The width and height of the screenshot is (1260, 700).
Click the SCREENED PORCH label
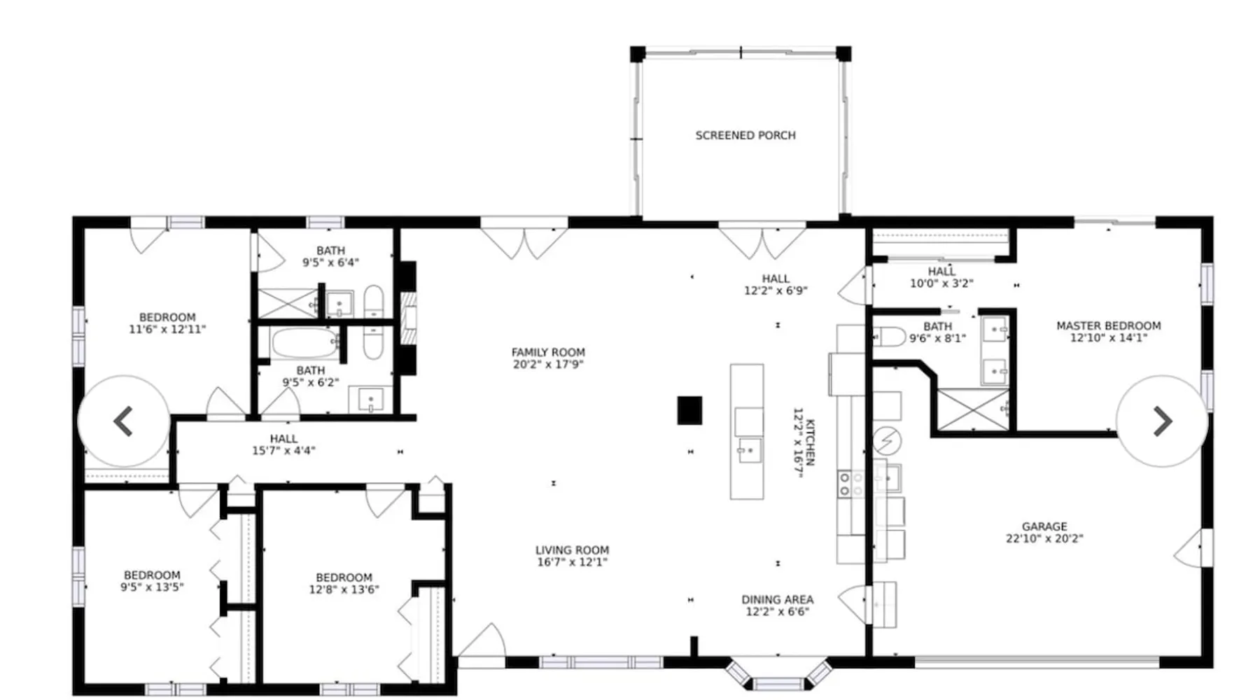click(745, 135)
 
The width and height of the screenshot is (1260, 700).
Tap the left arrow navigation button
click(124, 421)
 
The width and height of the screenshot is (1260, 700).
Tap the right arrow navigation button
click(1162, 421)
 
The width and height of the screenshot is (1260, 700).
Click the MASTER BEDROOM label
click(1109, 325)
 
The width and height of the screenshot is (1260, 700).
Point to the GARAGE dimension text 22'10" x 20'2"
click(1044, 538)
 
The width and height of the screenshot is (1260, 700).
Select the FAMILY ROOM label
click(548, 352)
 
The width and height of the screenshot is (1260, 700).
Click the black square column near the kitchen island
click(689, 410)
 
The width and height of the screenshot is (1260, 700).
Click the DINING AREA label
click(778, 599)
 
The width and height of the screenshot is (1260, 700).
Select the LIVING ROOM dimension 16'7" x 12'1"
click(572, 562)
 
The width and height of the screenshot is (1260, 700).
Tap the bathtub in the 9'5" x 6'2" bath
click(305, 343)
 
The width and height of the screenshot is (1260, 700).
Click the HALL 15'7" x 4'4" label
click(283, 444)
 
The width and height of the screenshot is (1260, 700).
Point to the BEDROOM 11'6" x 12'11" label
click(167, 323)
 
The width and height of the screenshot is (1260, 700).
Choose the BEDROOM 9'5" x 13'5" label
click(152, 581)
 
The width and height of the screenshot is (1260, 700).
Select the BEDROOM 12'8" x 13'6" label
click(344, 583)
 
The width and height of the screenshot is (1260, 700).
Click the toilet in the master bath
click(889, 337)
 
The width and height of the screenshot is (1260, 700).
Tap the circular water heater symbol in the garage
click(887, 441)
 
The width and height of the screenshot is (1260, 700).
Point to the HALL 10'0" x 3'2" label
click(941, 277)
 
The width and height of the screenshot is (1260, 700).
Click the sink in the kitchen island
click(748, 450)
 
